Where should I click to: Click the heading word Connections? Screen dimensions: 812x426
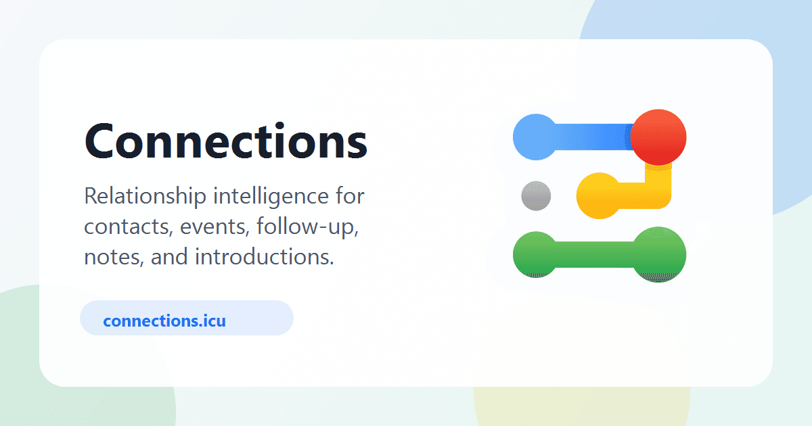pos(226,141)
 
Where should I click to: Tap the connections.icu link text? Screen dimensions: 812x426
pos(164,321)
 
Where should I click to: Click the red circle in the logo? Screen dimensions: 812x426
pos(658,137)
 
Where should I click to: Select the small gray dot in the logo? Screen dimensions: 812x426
pos(536,196)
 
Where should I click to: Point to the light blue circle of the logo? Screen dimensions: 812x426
pos(535,137)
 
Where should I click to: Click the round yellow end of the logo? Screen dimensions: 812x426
pos(599,196)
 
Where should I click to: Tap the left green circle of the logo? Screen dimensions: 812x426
pos(535,255)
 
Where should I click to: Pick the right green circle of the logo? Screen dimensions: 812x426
pos(659,255)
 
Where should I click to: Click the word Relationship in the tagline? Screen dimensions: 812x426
pos(145,197)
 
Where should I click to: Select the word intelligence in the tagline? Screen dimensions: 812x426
pos(271,197)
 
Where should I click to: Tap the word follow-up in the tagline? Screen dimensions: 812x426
pos(308,227)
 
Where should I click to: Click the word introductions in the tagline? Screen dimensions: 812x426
pos(265,256)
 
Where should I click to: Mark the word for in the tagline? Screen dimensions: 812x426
pos(350,195)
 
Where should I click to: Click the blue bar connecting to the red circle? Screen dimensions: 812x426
pos(595,137)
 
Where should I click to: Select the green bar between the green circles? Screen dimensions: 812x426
pos(595,255)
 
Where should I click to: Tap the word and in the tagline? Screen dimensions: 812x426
pos(169,256)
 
